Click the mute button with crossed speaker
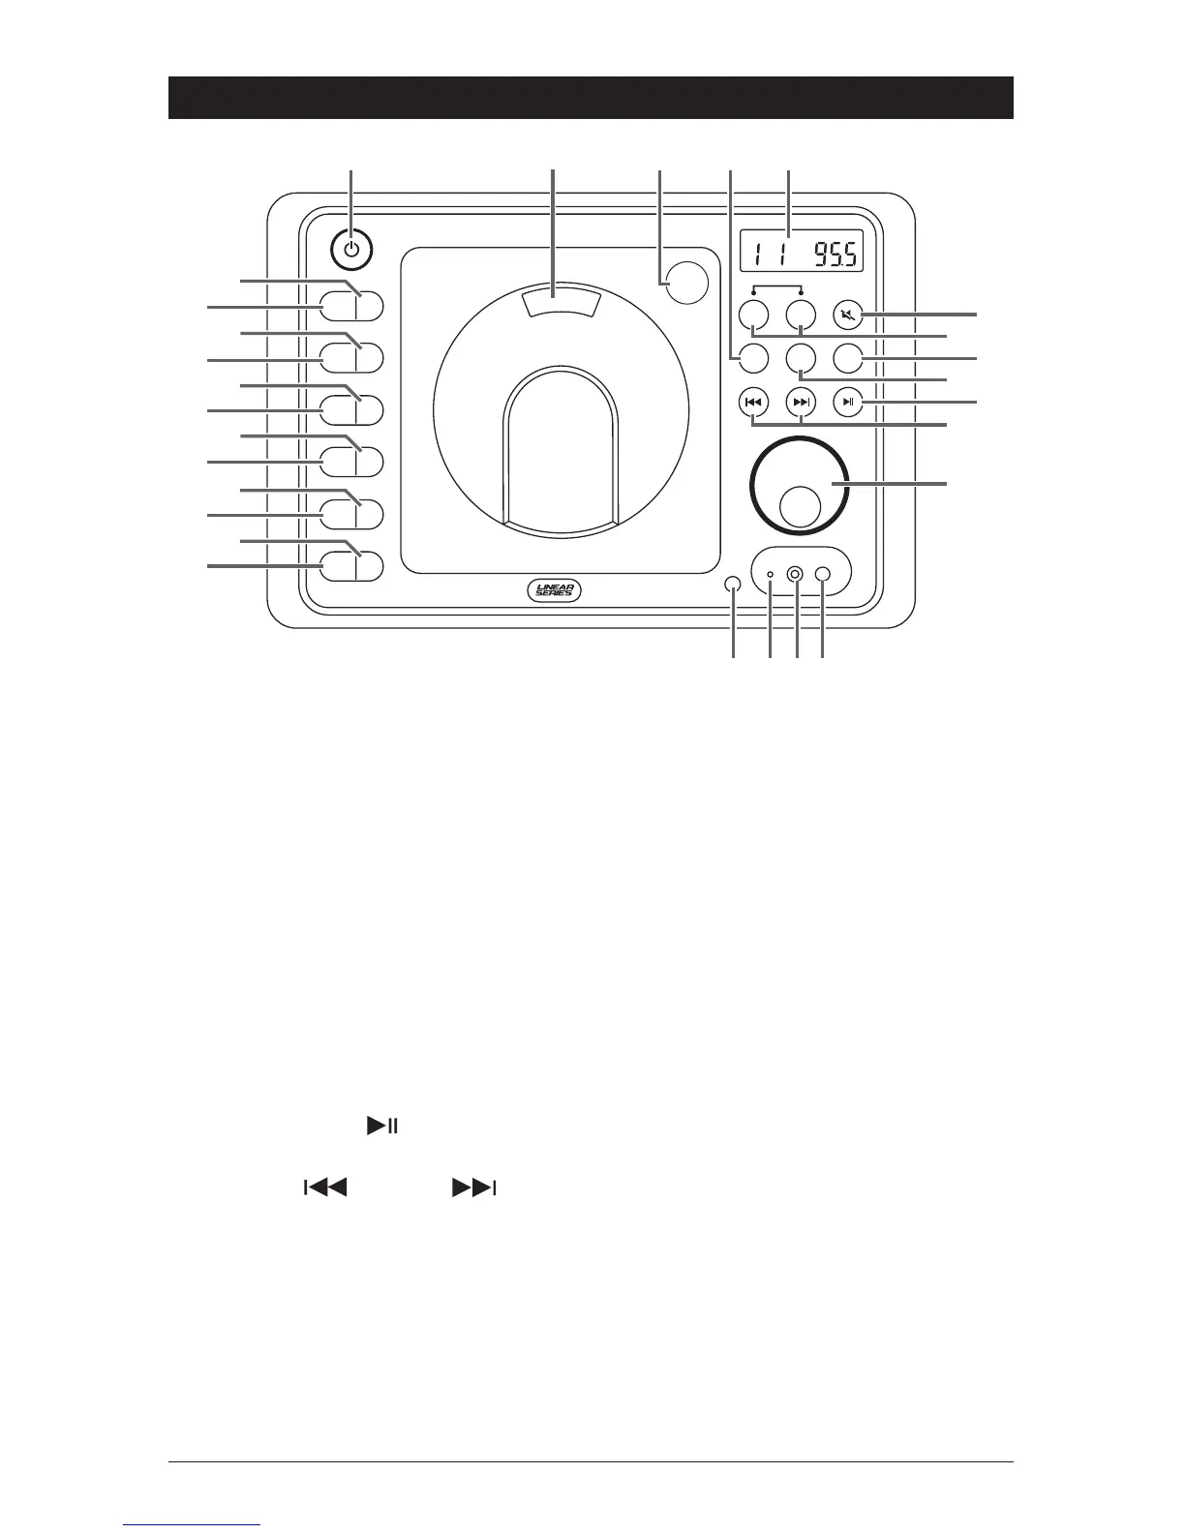point(848,315)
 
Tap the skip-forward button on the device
point(801,401)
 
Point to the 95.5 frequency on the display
point(829,254)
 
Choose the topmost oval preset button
point(351,306)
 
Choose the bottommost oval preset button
point(351,565)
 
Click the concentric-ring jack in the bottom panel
point(795,575)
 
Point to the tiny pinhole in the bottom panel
point(771,575)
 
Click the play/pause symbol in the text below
point(382,1127)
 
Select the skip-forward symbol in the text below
point(473,1187)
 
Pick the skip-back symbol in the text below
point(325,1187)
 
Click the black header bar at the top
point(591,97)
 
